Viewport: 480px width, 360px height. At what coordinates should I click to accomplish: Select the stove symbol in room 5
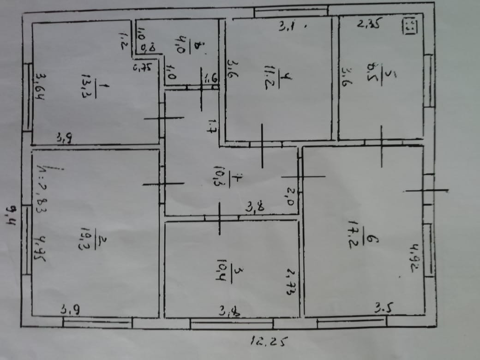409,25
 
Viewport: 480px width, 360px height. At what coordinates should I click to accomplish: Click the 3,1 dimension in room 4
288,27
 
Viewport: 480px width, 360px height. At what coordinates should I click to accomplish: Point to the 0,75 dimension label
142,68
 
